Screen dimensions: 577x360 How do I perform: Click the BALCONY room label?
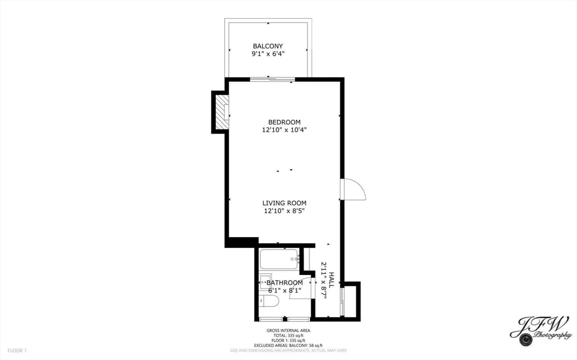tap(268, 46)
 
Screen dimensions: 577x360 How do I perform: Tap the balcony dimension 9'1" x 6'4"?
tap(268, 54)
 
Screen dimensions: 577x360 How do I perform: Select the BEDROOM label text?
tap(284, 122)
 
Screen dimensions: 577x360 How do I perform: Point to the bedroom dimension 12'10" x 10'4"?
tap(284, 130)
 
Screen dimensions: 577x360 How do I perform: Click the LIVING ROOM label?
tap(284, 203)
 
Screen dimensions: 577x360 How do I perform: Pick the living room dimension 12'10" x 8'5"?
tap(284, 211)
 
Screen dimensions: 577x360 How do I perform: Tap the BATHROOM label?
tap(285, 283)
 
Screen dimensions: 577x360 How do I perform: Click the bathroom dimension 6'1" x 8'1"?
tap(285, 291)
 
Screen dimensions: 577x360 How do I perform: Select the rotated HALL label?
tap(331, 280)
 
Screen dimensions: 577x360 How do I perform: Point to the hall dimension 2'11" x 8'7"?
tap(324, 280)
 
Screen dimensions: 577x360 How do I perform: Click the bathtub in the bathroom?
tap(279, 259)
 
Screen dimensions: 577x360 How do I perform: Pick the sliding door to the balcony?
tap(272, 79)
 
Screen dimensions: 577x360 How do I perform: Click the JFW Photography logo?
tap(540, 331)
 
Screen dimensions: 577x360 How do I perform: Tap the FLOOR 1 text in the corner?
tap(17, 351)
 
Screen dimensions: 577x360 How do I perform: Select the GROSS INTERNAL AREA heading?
tap(288, 331)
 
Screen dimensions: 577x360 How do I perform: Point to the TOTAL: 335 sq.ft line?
tap(288, 336)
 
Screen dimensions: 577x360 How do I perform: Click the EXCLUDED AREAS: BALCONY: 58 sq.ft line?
tap(288, 345)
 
